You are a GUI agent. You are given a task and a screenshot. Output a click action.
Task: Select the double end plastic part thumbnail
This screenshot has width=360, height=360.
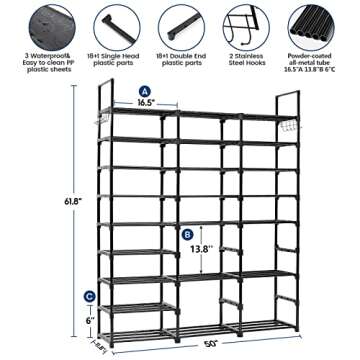(179, 22)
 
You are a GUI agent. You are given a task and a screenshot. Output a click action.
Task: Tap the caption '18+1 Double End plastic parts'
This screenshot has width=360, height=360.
(179, 60)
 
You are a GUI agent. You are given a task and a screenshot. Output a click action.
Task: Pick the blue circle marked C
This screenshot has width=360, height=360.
(90, 296)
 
